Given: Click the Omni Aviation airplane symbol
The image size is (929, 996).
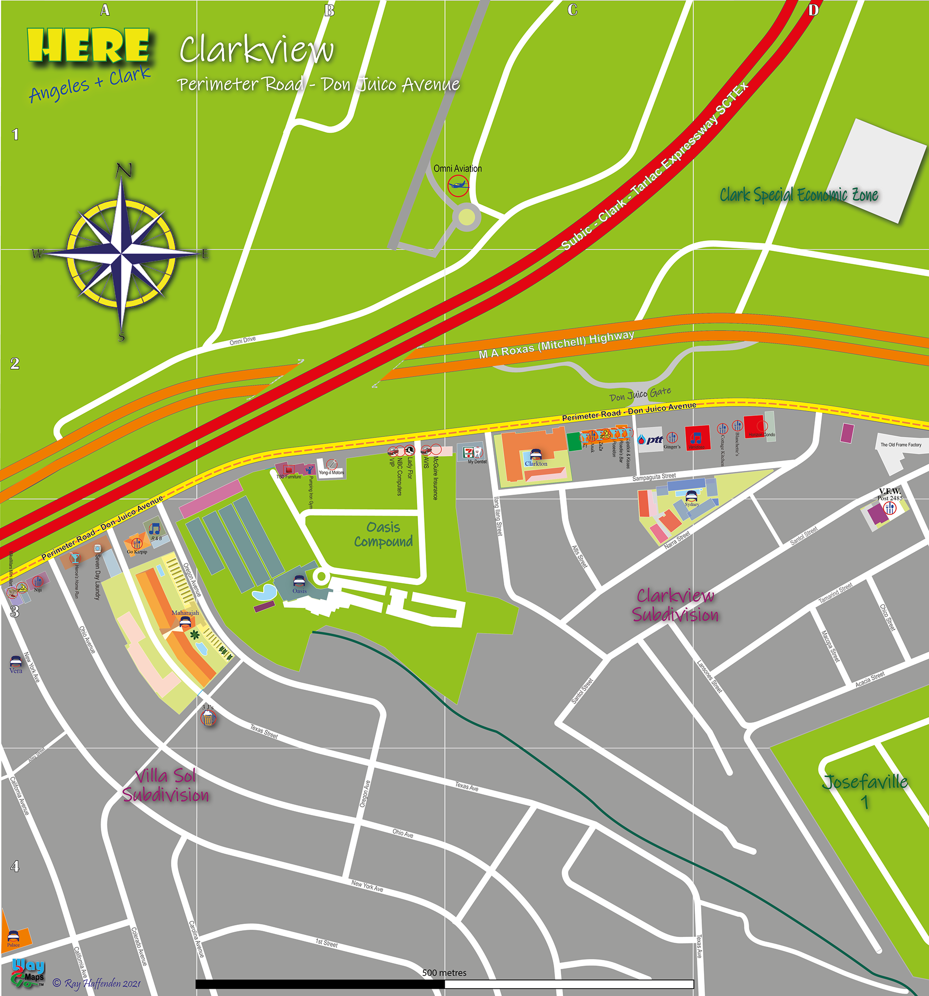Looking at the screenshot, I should pos(458,185).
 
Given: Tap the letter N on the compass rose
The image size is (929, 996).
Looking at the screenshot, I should pos(124,171).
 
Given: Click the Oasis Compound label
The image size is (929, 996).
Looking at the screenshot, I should pos(384,534).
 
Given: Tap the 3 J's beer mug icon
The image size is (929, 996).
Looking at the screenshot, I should pos(208,718).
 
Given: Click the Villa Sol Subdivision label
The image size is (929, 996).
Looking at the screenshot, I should pos(166,785).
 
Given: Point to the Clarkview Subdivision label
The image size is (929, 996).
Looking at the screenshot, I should pos(675,605).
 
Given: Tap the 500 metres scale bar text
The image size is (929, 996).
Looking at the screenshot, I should pos(444,972).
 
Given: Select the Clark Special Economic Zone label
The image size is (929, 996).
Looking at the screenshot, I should pos(799,195).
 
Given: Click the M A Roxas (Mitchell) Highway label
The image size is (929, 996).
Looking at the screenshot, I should pos(556,345).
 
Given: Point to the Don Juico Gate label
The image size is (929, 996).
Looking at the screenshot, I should pos(640,394).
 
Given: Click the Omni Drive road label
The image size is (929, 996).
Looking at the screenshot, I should pos(242,341).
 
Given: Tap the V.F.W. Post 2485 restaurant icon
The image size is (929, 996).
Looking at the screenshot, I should pos(889,508).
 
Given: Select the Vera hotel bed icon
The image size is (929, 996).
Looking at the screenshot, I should pos(15,661).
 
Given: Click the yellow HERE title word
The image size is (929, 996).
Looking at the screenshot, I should pos(89,45).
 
